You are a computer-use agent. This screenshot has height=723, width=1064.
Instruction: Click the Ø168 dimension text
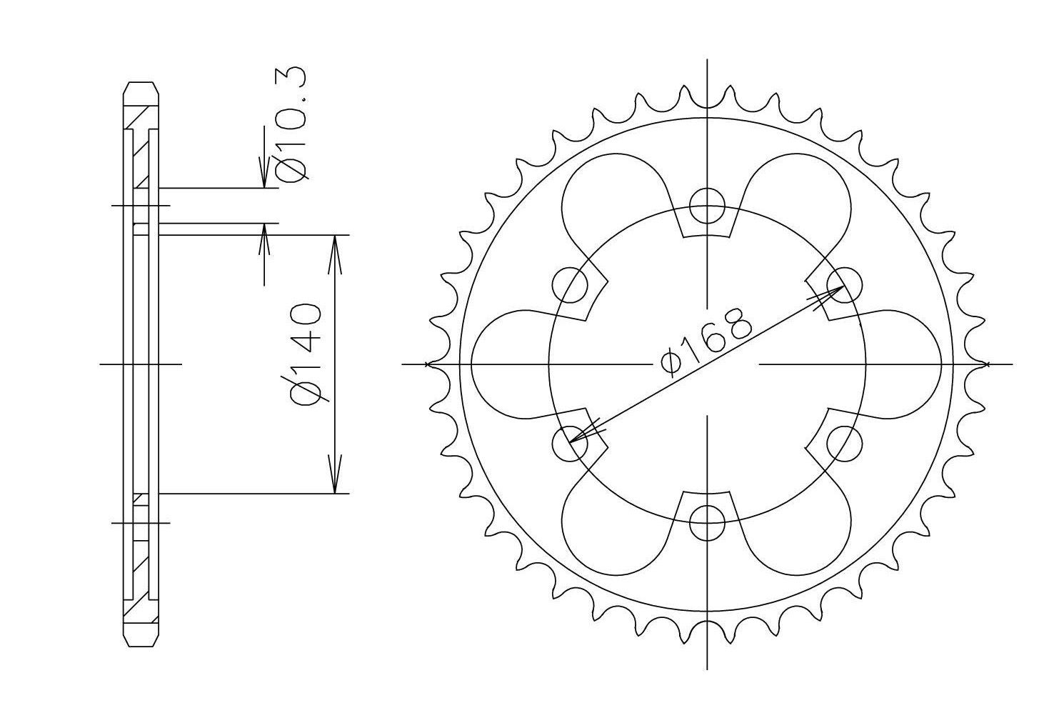706,343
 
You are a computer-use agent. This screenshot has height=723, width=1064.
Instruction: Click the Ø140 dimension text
305,354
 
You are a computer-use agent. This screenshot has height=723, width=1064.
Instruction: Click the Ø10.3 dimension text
291,124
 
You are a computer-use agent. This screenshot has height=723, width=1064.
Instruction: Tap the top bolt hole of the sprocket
708,206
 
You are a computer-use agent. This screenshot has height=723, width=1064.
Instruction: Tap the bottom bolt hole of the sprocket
708,522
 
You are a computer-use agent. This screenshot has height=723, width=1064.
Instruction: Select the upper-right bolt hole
845,285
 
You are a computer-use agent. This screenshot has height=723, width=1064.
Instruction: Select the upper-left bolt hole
571,285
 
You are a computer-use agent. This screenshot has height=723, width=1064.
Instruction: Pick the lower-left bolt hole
571,444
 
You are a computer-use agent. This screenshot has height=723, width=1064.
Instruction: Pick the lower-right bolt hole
845,444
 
